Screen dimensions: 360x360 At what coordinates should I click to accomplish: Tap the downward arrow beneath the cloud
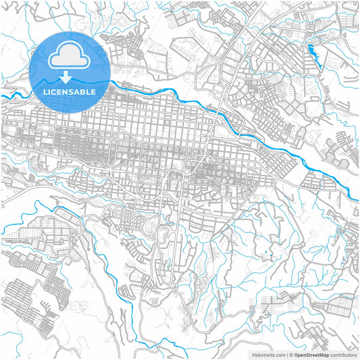[70, 79]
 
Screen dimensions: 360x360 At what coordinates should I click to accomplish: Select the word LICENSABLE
[70, 91]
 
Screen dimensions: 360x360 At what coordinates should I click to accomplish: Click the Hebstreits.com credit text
[269, 354]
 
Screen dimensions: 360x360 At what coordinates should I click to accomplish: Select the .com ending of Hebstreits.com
[280, 354]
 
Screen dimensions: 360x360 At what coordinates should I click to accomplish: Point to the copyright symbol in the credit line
[291, 354]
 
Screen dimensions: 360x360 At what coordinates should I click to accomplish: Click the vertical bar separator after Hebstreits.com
[286, 354]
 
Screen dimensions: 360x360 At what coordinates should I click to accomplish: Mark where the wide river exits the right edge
[358, 198]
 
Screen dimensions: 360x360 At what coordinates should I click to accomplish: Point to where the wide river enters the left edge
[2, 97]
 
